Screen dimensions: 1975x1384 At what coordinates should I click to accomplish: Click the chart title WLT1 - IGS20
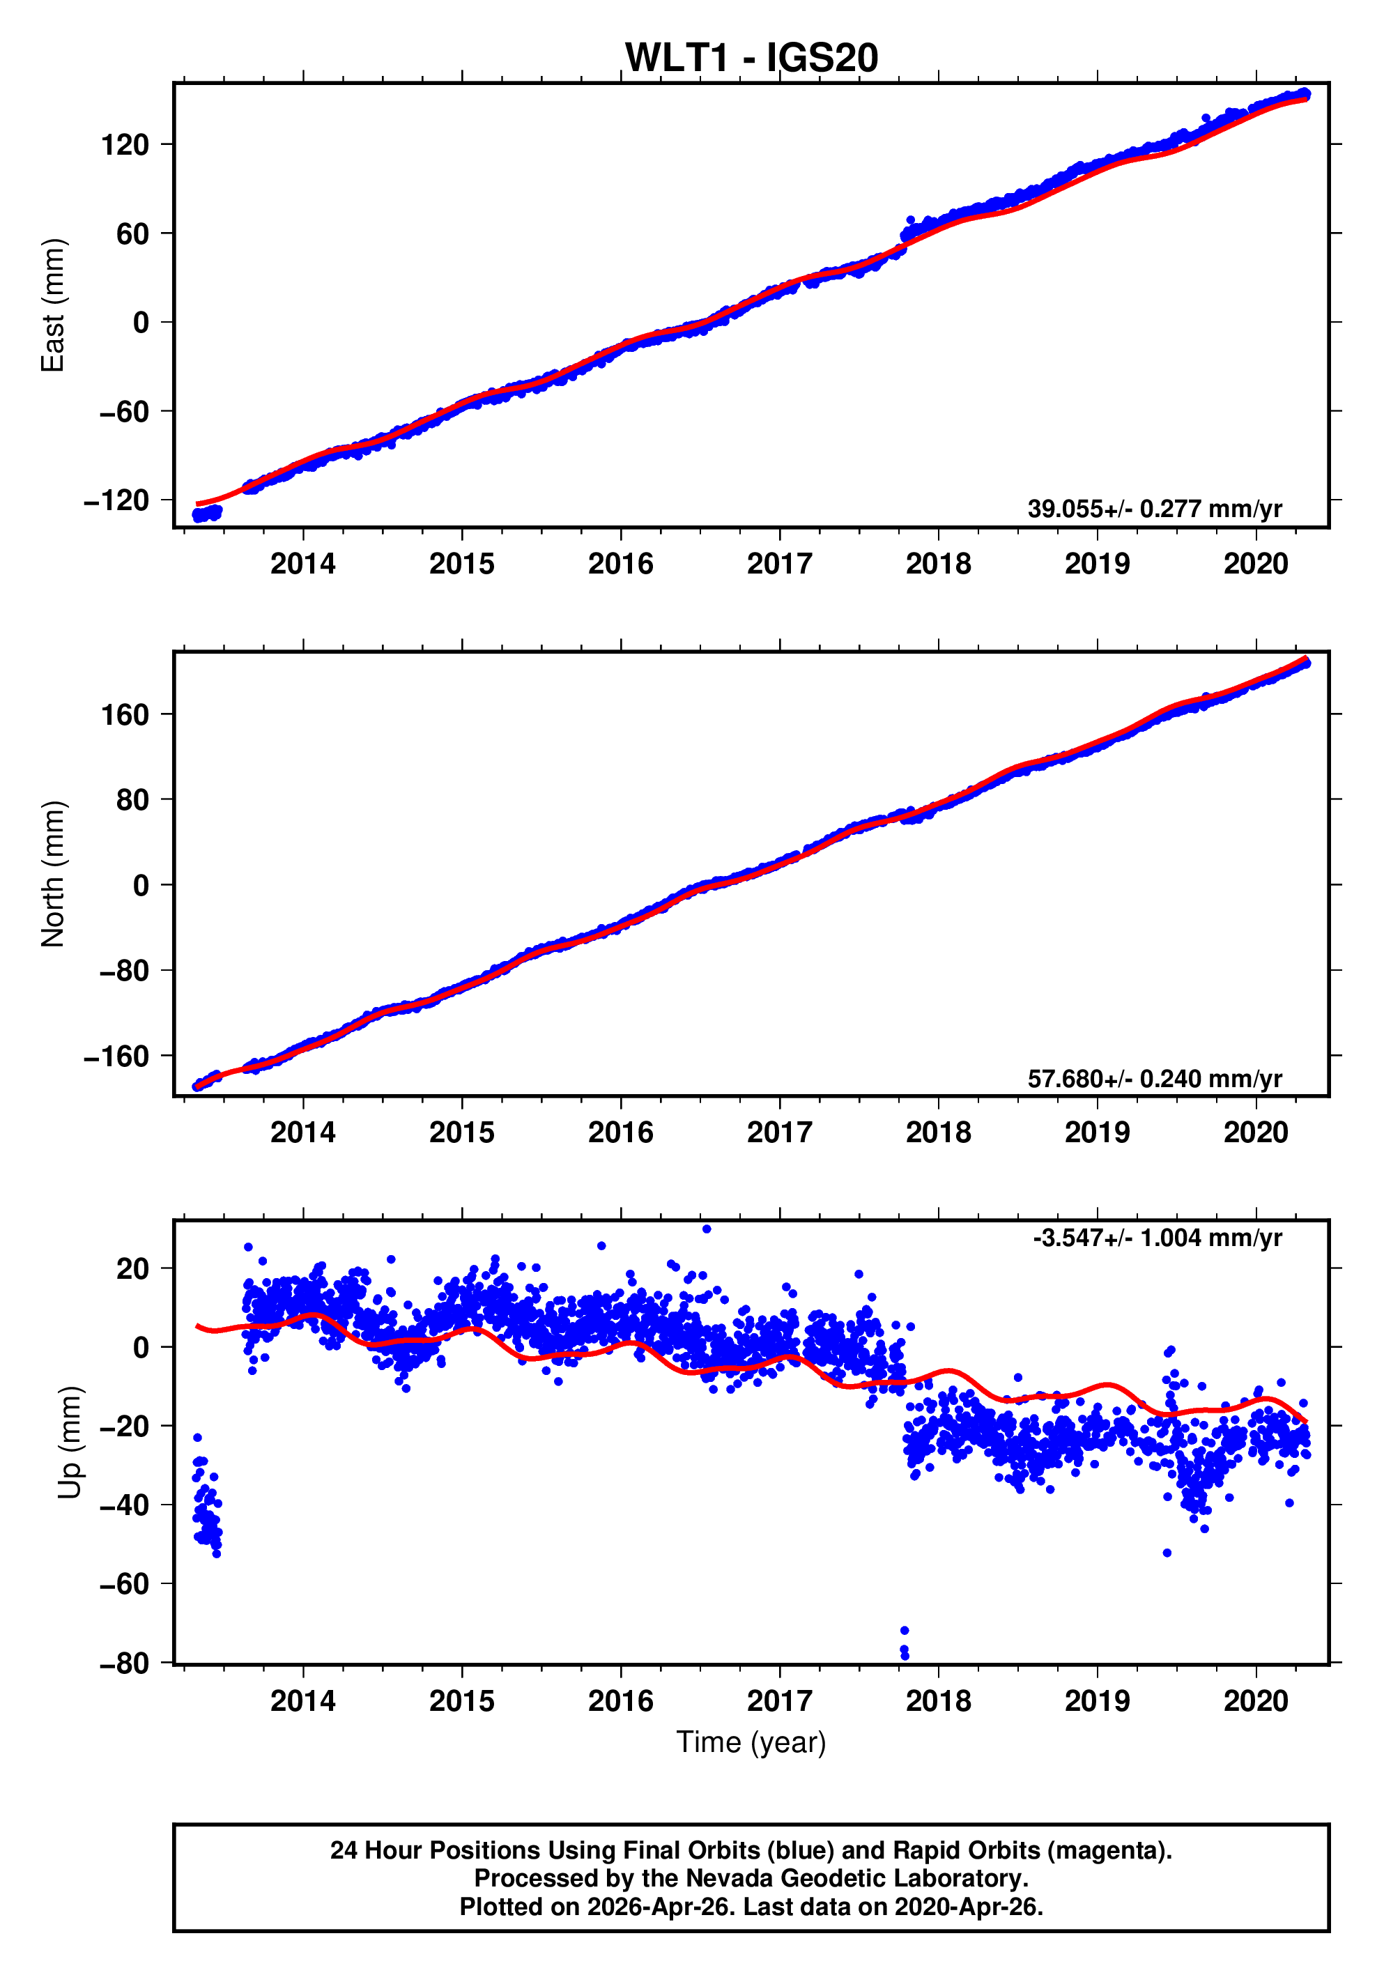click(751, 58)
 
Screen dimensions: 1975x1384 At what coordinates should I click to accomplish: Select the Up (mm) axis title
click(70, 1443)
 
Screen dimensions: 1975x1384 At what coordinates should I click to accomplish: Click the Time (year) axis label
click(751, 1742)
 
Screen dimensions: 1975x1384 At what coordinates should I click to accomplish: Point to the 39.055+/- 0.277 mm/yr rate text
click(1154, 508)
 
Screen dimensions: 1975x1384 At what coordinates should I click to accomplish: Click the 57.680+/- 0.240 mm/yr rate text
click(1154, 1078)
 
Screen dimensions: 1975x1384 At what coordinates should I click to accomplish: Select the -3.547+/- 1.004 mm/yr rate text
click(1157, 1238)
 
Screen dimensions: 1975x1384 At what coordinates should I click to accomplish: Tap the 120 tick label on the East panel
click(125, 144)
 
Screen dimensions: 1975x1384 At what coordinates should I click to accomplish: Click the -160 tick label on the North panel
click(116, 1056)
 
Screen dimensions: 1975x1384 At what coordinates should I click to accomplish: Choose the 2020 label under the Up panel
click(1256, 1701)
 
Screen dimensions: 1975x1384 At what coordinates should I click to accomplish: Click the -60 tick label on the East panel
click(125, 411)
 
